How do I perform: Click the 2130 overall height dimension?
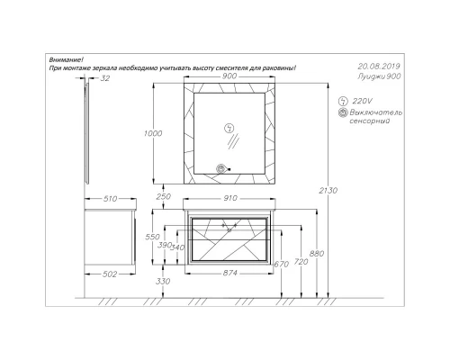[x=328, y=190]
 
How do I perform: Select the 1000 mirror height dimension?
[x=153, y=133]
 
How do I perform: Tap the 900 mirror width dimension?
[x=229, y=76]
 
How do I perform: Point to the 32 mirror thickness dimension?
[x=104, y=78]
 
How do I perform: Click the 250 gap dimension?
[x=164, y=196]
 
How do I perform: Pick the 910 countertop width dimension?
[x=230, y=198]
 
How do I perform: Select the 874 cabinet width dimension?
[x=230, y=273]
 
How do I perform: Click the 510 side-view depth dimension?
[x=110, y=199]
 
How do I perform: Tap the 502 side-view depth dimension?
[x=110, y=274]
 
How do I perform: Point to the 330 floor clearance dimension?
[x=163, y=282]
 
